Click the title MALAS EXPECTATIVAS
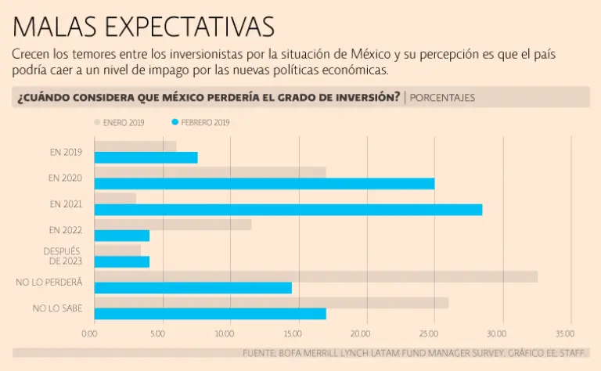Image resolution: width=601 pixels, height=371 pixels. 144,27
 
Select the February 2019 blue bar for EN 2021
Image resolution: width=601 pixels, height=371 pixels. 288,210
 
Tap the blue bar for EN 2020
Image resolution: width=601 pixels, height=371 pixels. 264,183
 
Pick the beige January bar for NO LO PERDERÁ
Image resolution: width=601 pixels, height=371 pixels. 315,276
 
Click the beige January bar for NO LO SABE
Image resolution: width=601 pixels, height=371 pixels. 271,302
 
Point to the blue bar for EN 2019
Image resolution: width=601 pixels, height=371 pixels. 146,157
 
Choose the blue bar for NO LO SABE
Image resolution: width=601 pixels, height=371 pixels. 210,314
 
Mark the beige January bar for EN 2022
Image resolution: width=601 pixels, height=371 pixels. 172,225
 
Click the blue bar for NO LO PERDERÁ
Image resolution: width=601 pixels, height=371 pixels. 193,288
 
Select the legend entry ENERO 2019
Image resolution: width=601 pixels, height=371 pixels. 119,123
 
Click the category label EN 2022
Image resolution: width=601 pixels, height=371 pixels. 65,230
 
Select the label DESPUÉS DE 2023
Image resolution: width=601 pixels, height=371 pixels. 62,256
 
